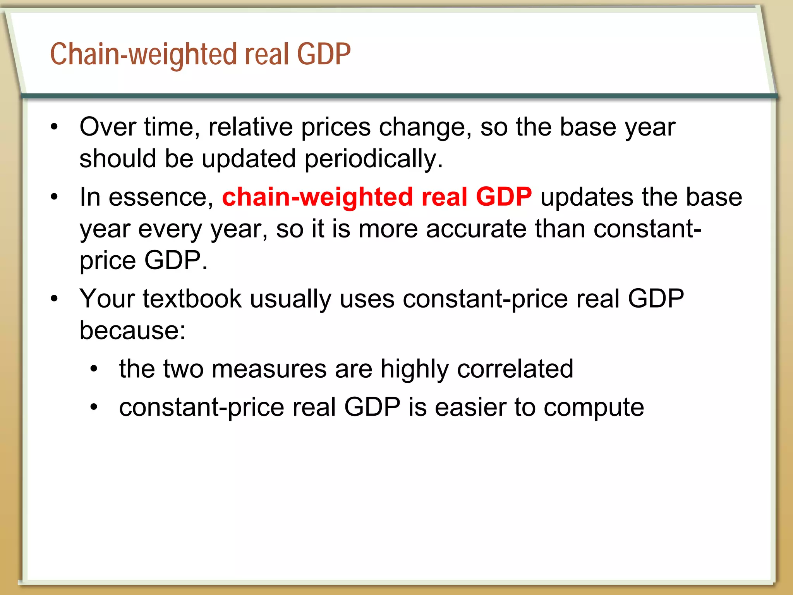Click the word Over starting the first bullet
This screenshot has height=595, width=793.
tap(108, 127)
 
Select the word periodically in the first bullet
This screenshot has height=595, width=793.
tap(373, 159)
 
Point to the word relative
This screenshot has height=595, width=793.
tap(251, 127)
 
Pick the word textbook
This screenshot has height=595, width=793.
tap(192, 299)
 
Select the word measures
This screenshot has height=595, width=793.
tap(269, 369)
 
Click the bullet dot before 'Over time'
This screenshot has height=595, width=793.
tap(54, 127)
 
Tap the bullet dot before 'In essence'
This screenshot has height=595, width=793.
tap(54, 197)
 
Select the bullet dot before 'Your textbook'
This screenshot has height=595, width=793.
tap(54, 298)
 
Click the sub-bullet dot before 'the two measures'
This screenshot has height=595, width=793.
tap(94, 368)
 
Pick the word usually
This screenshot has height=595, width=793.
tap(290, 299)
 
